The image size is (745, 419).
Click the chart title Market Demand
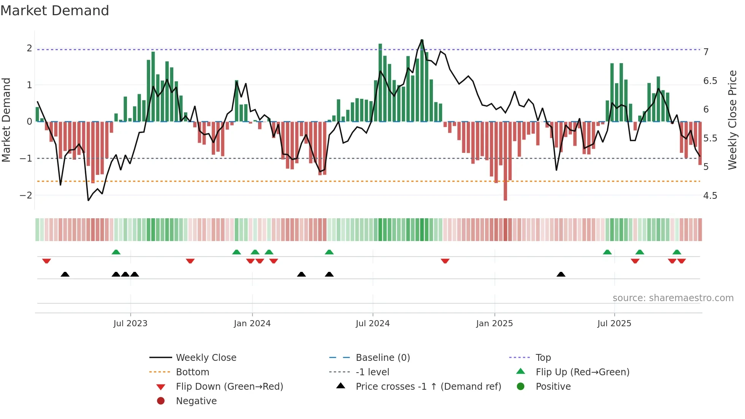point(55,11)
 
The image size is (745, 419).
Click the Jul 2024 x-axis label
point(372,324)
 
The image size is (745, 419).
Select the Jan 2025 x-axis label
point(494,324)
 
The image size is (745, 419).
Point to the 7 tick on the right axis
point(706,52)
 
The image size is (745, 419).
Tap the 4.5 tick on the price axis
point(710,196)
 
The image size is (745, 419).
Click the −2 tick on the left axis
point(26,195)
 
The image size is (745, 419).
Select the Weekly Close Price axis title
point(732,120)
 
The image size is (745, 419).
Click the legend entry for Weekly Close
point(206,358)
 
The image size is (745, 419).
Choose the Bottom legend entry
point(192,372)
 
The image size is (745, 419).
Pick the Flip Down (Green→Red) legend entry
point(229,387)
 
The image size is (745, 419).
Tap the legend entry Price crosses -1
point(428,387)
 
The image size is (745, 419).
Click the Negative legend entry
point(196,401)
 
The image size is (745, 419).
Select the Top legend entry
point(543,358)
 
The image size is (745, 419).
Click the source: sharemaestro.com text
point(673,298)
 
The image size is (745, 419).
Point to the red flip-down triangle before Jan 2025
point(445,261)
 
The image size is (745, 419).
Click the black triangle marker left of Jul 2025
point(561,274)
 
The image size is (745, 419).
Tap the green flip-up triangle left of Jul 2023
point(116,252)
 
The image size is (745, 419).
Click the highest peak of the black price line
point(422,40)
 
